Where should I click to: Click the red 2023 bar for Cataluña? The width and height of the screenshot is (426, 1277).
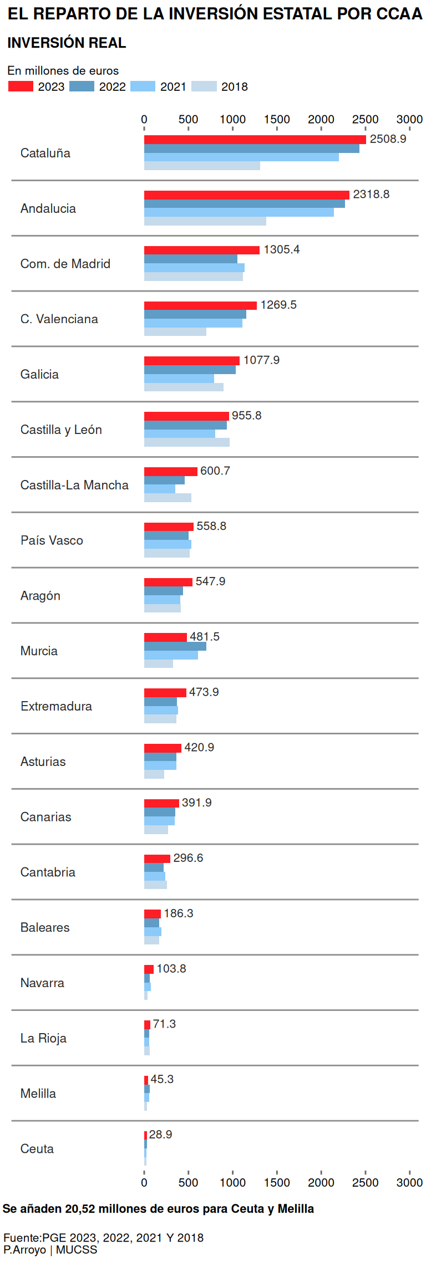tap(255, 140)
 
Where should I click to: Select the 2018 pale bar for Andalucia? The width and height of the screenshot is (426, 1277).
tap(205, 221)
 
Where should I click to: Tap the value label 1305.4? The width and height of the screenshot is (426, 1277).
tap(281, 249)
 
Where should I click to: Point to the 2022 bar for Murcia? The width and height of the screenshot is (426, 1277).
tap(175, 646)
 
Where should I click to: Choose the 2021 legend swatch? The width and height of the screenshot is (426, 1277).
tap(143, 86)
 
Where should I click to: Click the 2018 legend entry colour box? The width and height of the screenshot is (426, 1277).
tap(204, 86)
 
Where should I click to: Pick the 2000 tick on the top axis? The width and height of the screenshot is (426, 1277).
tap(321, 120)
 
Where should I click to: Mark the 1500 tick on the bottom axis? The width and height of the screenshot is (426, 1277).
tap(277, 1183)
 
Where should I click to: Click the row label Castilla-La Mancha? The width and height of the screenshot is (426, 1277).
tap(74, 485)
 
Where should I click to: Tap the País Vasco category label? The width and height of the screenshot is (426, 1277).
tap(52, 540)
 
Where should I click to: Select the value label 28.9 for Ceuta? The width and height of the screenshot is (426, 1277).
tap(160, 1135)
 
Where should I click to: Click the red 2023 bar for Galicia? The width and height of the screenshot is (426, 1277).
tap(191, 361)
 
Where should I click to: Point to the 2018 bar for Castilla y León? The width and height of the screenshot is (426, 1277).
tap(186, 442)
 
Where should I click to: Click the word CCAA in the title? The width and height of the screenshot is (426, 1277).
tap(399, 14)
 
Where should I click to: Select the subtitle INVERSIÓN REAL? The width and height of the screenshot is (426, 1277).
tap(67, 43)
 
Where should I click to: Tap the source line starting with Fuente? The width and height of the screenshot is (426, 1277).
tap(103, 1238)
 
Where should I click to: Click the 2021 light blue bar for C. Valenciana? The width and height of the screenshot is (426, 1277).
tap(193, 323)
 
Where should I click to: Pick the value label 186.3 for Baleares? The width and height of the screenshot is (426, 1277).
tap(178, 913)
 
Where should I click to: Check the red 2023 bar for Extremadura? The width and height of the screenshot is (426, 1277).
tap(165, 693)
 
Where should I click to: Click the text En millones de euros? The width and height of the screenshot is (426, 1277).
tap(63, 70)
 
